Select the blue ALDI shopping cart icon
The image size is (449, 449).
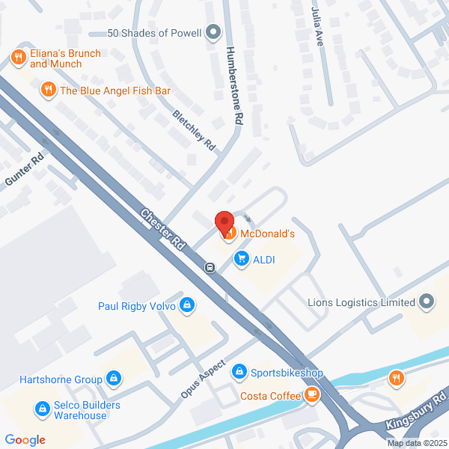[241, 259]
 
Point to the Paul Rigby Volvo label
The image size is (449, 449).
[136, 306]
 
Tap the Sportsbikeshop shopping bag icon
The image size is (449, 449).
[239, 372]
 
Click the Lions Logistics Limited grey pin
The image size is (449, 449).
[427, 302]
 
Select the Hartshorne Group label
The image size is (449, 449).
[67, 379]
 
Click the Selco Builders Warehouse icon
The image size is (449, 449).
[42, 410]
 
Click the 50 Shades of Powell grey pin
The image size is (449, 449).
[214, 32]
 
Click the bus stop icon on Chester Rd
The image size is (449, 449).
[211, 267]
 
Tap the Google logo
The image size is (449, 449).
[25, 440]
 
